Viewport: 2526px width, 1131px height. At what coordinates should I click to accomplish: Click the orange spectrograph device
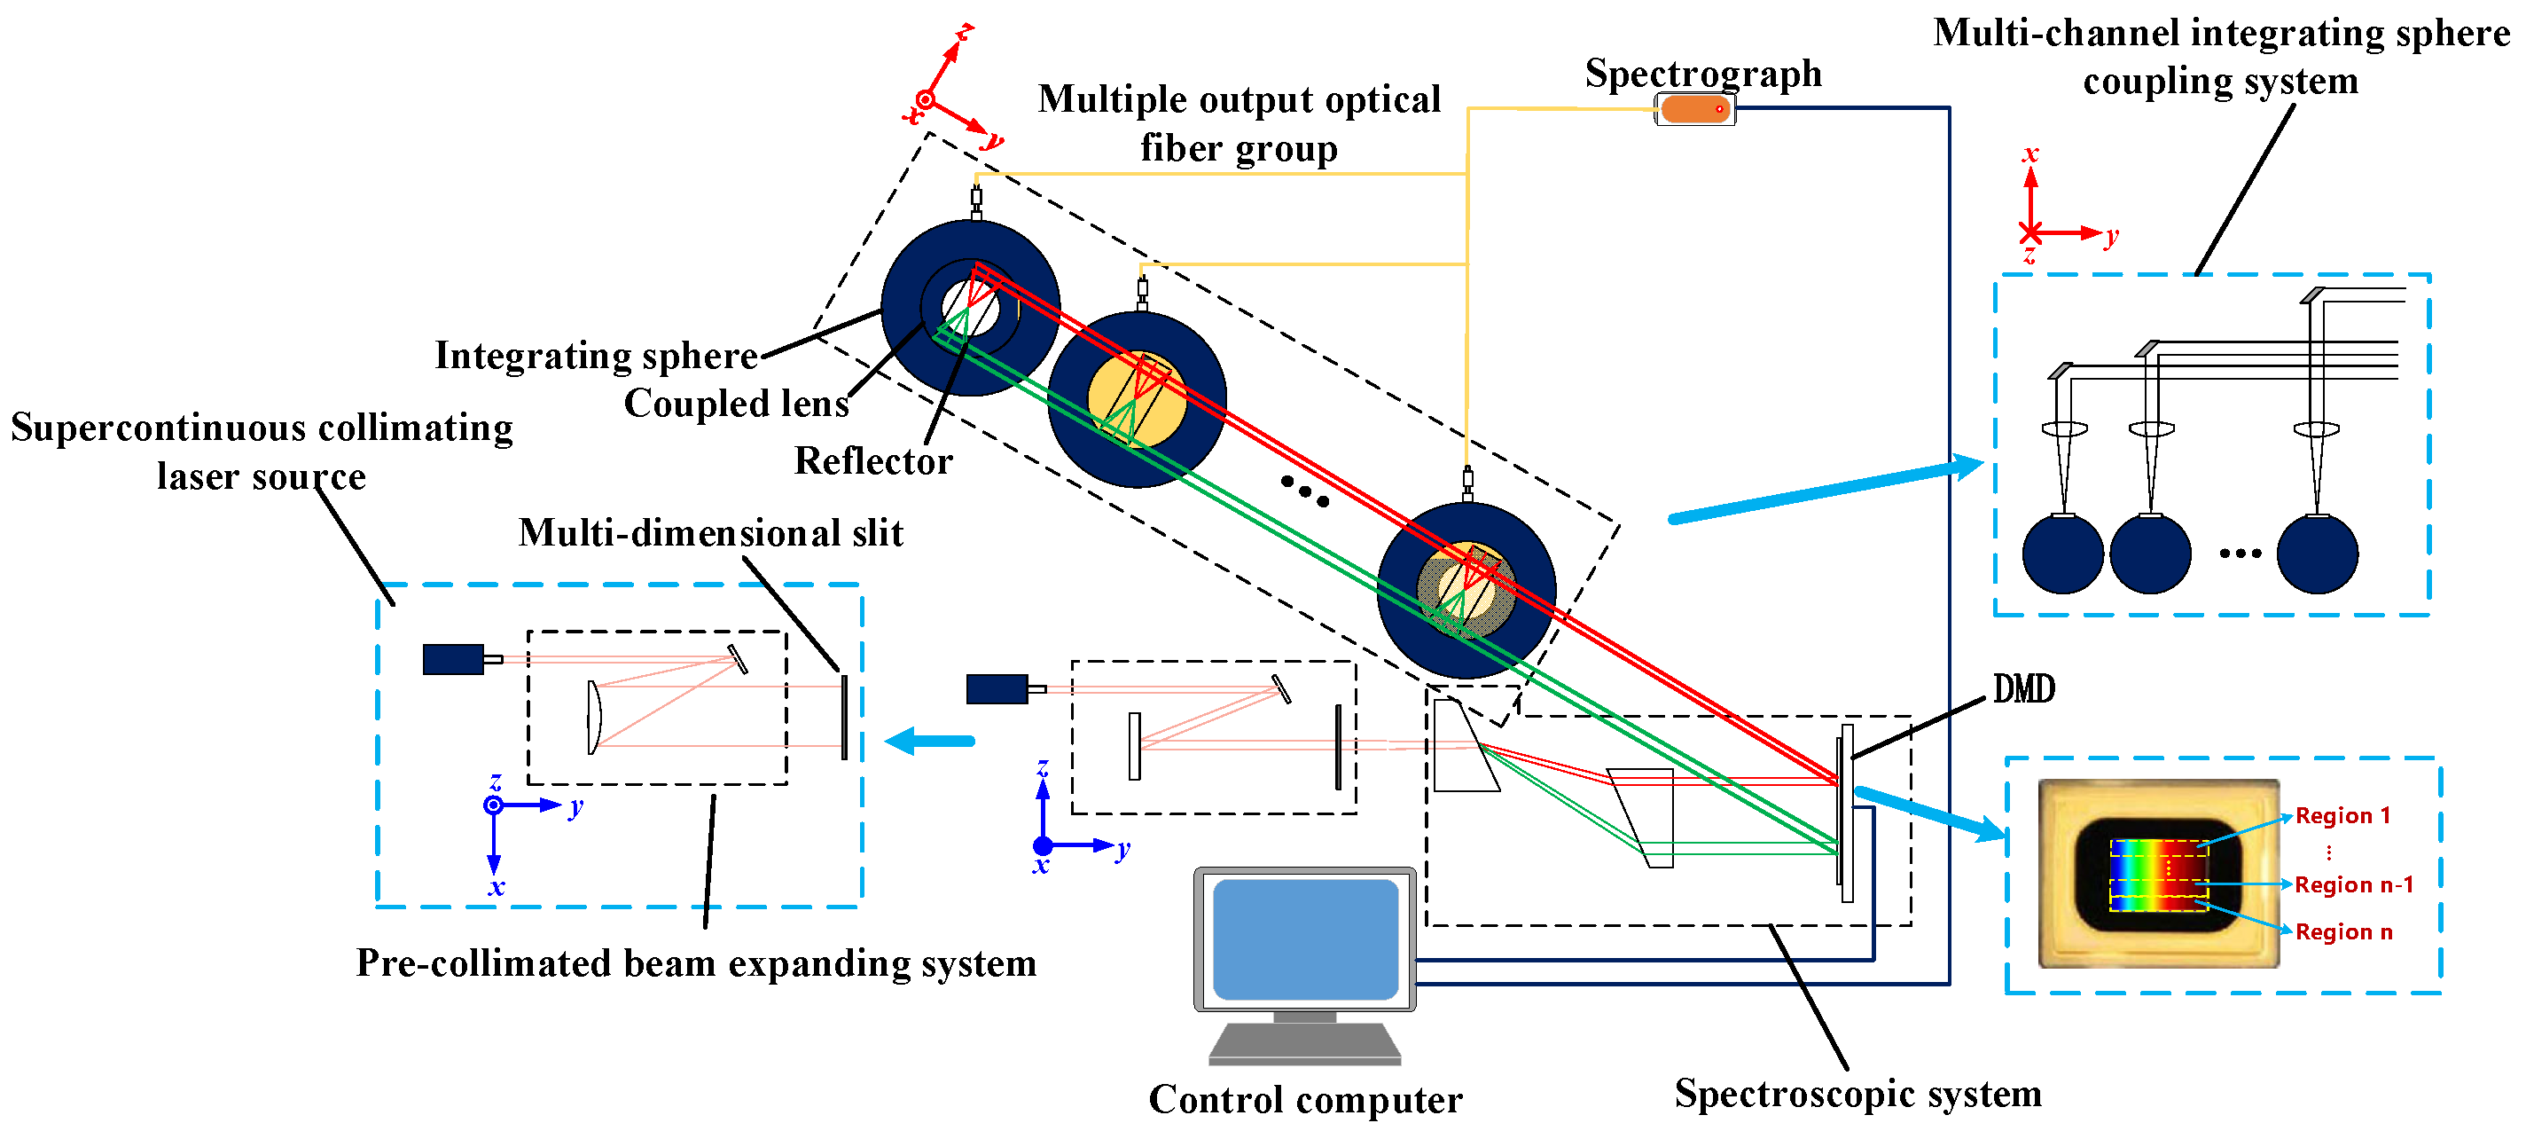(x=1693, y=109)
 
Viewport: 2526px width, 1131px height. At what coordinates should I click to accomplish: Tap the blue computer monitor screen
(x=1304, y=939)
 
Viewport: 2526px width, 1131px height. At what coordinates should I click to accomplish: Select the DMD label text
(x=2023, y=689)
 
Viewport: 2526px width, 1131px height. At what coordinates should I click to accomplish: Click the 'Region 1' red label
(x=2342, y=816)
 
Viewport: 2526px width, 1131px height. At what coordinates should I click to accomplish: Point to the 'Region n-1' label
(x=2352, y=884)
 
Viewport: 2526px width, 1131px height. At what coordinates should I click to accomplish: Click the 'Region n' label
(x=2342, y=932)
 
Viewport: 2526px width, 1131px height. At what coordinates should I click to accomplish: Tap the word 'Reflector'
(x=872, y=461)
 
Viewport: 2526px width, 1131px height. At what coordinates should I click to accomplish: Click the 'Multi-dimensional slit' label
(x=710, y=532)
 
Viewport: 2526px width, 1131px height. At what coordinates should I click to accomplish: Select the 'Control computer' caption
(x=1304, y=1100)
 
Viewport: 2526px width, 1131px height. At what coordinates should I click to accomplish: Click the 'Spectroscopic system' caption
(x=1857, y=1093)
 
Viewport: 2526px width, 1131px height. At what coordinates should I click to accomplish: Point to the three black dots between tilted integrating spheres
(x=1304, y=491)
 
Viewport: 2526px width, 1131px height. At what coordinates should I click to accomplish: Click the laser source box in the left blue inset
(x=453, y=659)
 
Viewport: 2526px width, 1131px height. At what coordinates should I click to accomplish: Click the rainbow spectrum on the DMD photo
(x=2157, y=874)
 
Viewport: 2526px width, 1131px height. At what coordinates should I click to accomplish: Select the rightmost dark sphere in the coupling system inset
(x=2316, y=554)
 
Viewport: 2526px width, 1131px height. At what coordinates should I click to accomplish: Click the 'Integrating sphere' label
(x=595, y=355)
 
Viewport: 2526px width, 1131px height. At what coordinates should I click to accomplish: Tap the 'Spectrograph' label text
(x=1702, y=74)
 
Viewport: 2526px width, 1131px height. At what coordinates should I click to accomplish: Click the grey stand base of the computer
(x=1304, y=1044)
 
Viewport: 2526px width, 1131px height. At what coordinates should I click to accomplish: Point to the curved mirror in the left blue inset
(x=593, y=717)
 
